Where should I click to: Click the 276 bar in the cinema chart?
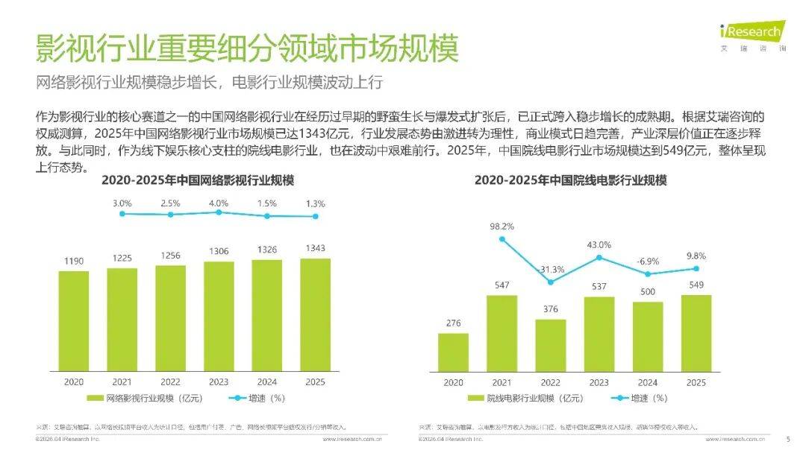click(x=453, y=352)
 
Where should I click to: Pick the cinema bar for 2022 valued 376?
click(x=550, y=345)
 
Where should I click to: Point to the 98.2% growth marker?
click(x=502, y=239)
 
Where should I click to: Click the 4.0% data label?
click(x=219, y=203)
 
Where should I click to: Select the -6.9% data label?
click(x=647, y=261)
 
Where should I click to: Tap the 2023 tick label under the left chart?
click(x=219, y=381)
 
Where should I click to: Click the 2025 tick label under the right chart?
click(x=696, y=382)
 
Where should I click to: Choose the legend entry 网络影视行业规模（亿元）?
click(x=149, y=398)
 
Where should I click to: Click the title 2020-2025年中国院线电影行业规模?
click(x=571, y=180)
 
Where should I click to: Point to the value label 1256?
click(x=170, y=256)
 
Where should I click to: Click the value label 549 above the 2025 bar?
click(x=696, y=285)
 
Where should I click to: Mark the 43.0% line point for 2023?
click(x=599, y=258)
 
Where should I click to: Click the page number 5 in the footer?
click(x=788, y=439)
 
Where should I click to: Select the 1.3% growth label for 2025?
click(x=315, y=203)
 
